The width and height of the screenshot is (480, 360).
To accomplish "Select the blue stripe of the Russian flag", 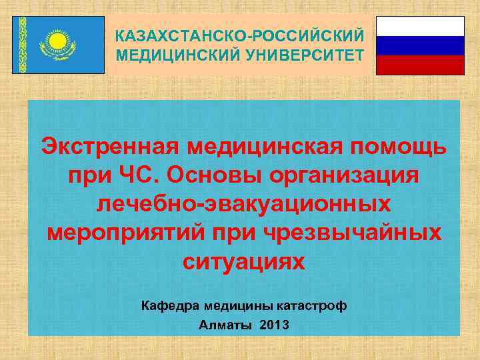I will point(420,45).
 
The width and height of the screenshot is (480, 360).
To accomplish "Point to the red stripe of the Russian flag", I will point(420,65).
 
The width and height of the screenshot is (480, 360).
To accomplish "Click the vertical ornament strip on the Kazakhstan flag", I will point(23,44).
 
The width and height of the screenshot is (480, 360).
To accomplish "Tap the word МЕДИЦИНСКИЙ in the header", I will point(173,53).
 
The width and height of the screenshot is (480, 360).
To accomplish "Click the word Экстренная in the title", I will point(109,145).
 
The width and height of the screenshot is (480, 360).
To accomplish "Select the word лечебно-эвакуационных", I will point(244,203).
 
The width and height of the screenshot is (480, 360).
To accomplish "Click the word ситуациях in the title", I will point(244,261).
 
